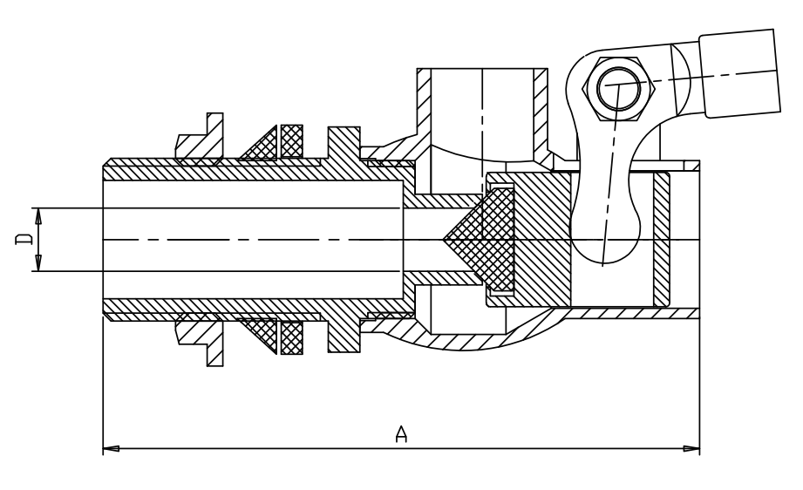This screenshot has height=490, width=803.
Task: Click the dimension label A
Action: coord(401,433)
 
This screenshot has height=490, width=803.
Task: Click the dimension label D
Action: coord(24,239)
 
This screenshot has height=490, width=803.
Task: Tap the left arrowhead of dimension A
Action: coord(111,448)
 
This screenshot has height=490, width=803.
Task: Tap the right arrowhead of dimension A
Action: coord(691,448)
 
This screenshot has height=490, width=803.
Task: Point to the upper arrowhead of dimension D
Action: coord(37,216)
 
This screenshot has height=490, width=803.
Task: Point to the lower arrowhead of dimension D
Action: coord(37,262)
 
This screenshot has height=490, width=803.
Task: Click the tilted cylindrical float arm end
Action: coord(740,73)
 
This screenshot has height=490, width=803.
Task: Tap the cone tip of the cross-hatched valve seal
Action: coord(444,239)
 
